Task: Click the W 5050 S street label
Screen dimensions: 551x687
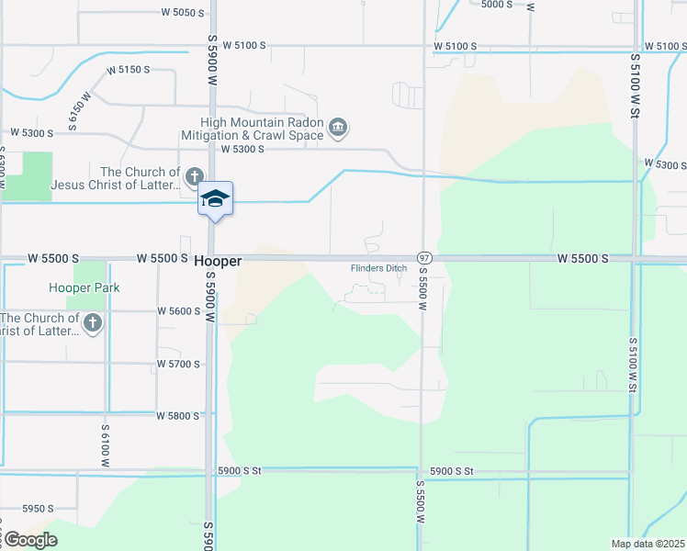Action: tap(181, 13)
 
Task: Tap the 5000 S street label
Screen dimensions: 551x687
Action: tap(495, 5)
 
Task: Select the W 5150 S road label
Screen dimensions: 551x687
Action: tap(128, 70)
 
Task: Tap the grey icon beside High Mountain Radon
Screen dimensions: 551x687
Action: tap(337, 127)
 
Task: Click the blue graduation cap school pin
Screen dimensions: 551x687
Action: tap(216, 198)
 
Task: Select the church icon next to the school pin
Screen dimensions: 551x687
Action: tap(193, 175)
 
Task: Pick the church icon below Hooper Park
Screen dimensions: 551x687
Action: tap(93, 322)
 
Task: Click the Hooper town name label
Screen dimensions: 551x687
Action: tap(218, 262)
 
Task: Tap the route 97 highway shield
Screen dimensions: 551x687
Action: tap(423, 258)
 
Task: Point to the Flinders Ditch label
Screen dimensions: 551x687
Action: tap(378, 268)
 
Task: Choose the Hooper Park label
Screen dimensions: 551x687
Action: tap(84, 287)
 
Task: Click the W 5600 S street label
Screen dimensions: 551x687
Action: tap(178, 311)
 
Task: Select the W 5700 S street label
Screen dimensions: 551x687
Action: tap(178, 365)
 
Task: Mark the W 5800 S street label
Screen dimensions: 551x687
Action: tap(178, 416)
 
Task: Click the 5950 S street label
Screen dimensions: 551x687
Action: tap(38, 508)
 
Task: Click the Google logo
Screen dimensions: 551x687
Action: tap(29, 540)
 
